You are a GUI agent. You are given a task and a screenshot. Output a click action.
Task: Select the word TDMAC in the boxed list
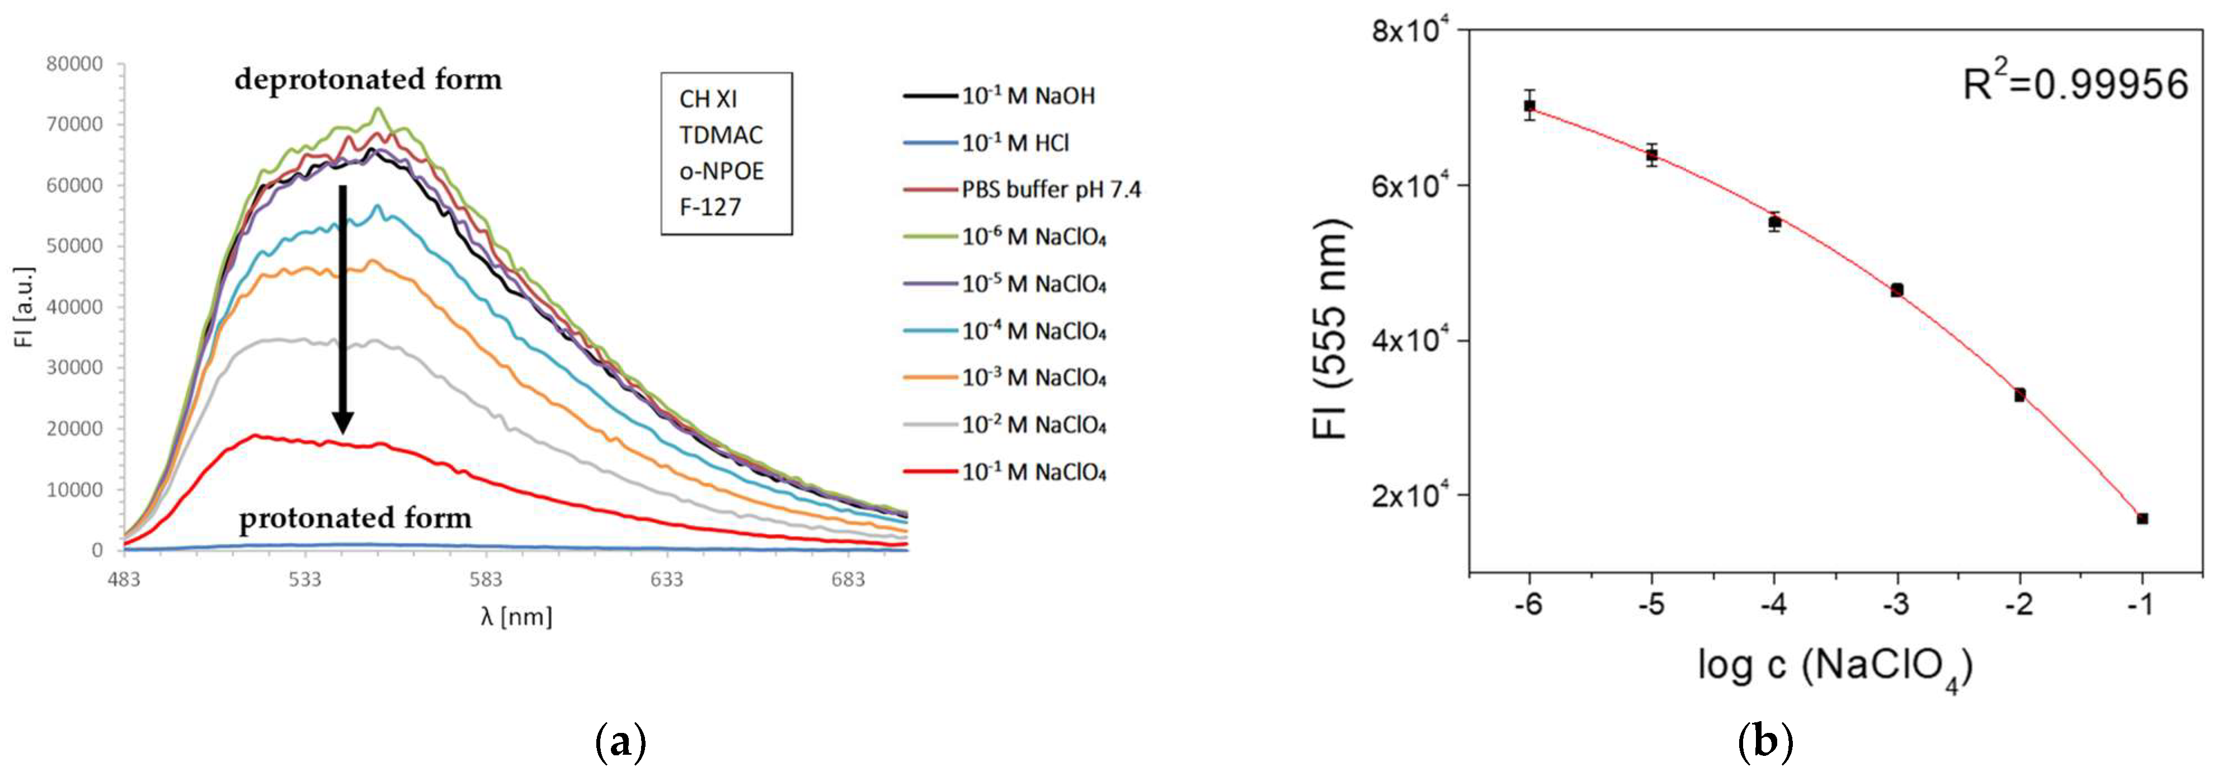[721, 135]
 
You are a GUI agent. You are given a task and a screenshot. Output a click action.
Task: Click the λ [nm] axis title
[516, 617]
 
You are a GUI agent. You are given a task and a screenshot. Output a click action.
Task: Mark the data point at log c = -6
[1529, 106]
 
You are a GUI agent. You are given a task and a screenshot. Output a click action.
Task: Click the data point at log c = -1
[2142, 519]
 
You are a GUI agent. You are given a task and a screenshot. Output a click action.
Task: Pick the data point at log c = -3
[1897, 290]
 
